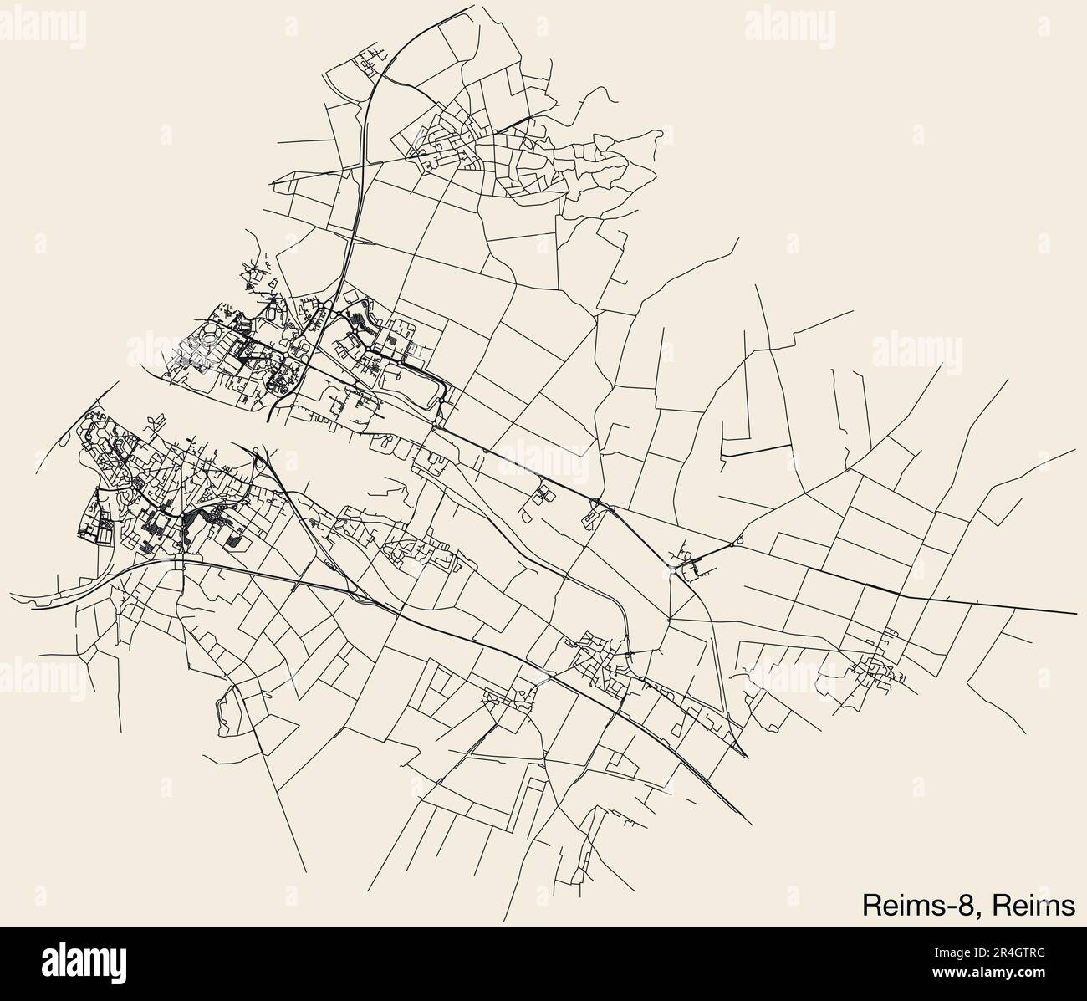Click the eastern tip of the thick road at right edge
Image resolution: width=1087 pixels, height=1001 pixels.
(x=1075, y=613)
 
